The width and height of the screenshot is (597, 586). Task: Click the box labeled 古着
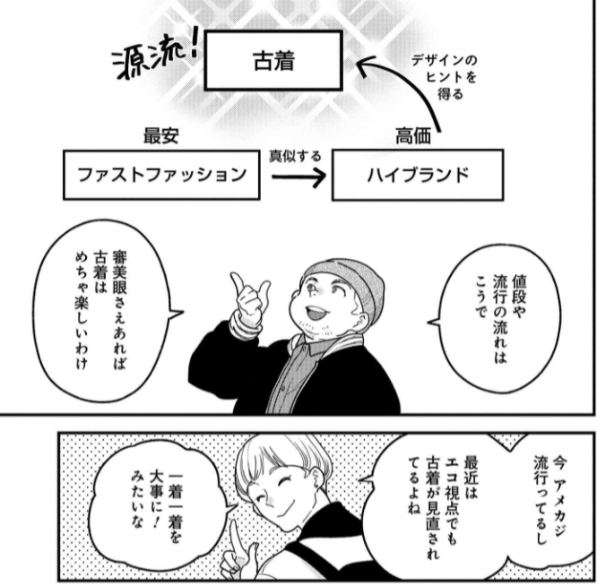(x=273, y=60)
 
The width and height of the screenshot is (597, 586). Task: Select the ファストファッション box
(x=161, y=174)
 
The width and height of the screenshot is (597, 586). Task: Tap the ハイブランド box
(x=417, y=174)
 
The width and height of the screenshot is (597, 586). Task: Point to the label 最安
(x=162, y=136)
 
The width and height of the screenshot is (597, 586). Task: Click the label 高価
(x=413, y=136)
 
